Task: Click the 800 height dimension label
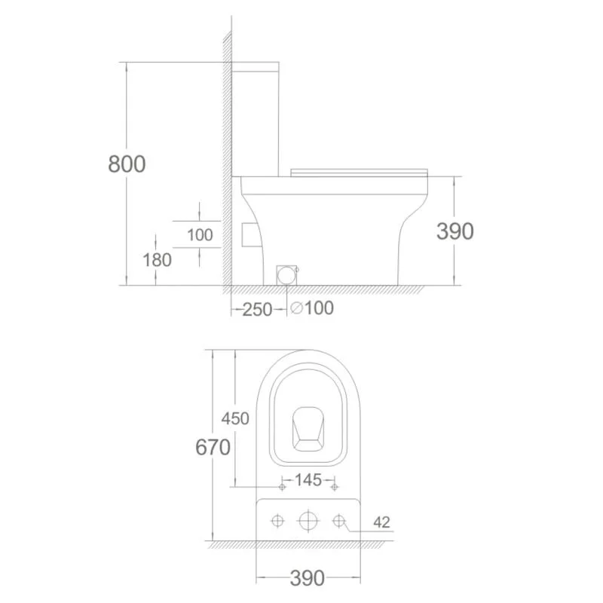(127, 164)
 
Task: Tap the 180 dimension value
(157, 260)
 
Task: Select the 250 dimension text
(257, 310)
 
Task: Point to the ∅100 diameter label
(312, 308)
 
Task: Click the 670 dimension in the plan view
(213, 447)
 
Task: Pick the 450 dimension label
(235, 418)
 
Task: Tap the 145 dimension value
(308, 480)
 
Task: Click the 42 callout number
(381, 522)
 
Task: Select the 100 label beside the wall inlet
(200, 235)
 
